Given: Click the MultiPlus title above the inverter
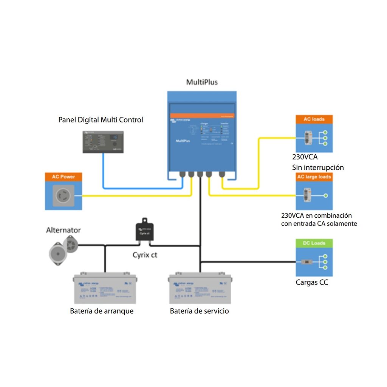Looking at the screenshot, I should pyautogui.click(x=202, y=82).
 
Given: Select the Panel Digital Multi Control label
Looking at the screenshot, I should pyautogui.click(x=101, y=120).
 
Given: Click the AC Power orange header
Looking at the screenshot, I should pyautogui.click(x=63, y=176).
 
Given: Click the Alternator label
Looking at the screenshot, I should pyautogui.click(x=63, y=230).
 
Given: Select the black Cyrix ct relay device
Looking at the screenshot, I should pyautogui.click(x=145, y=230).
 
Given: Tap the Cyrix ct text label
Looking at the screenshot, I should pyautogui.click(x=145, y=255).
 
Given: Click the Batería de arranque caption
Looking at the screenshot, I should pyautogui.click(x=102, y=311).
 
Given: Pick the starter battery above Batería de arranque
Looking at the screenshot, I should pyautogui.click(x=104, y=288).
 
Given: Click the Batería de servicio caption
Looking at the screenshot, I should pyautogui.click(x=199, y=311).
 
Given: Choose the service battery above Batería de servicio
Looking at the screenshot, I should pyautogui.click(x=200, y=288).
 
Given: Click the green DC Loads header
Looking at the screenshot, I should pyautogui.click(x=314, y=243).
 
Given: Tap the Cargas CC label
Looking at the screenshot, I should pyautogui.click(x=312, y=282).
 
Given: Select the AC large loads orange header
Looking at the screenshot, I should pyautogui.click(x=314, y=177).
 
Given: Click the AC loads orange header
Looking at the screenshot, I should pyautogui.click(x=314, y=119).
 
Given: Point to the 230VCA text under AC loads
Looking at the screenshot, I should pyautogui.click(x=305, y=157).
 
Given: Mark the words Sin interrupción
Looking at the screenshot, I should pyautogui.click(x=318, y=167).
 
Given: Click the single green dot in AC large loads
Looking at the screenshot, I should pyautogui.click(x=326, y=196).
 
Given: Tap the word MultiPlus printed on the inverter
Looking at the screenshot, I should pyautogui.click(x=183, y=141).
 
